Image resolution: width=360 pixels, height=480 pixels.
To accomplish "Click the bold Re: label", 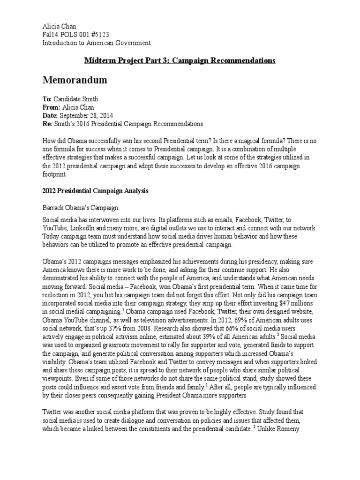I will pos(48,124).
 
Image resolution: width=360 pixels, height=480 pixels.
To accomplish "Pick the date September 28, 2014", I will pos(86,115).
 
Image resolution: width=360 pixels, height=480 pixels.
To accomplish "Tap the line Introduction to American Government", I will pos(97,43).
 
